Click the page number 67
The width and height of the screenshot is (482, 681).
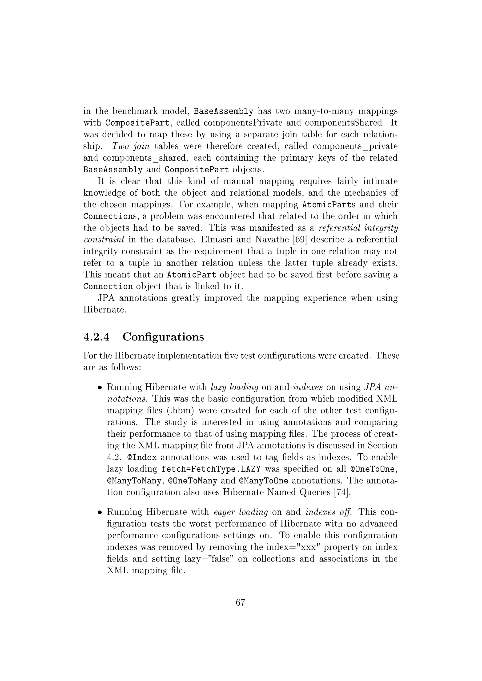pyautogui.click(x=240, y=602)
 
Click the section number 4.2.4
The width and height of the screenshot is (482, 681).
pyautogui.click(x=96, y=337)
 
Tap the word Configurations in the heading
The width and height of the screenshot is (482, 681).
pyautogui.click(x=163, y=337)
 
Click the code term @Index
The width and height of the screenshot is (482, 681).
pyautogui.click(x=142, y=457)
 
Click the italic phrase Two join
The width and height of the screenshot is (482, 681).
pyautogui.click(x=131, y=146)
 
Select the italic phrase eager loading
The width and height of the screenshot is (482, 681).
pyautogui.click(x=241, y=512)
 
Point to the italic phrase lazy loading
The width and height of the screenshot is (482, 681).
pyautogui.click(x=234, y=387)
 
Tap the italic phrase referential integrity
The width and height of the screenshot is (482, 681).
pyautogui.click(x=358, y=228)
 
